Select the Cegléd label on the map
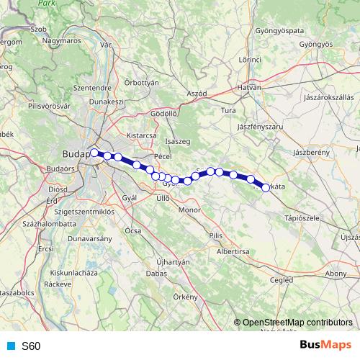click(280, 279)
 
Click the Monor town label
click(189, 210)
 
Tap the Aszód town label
click(197, 94)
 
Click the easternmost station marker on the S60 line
click(266, 188)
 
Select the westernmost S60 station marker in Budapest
click(94, 153)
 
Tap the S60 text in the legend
click(31, 346)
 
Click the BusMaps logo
click(325, 345)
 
